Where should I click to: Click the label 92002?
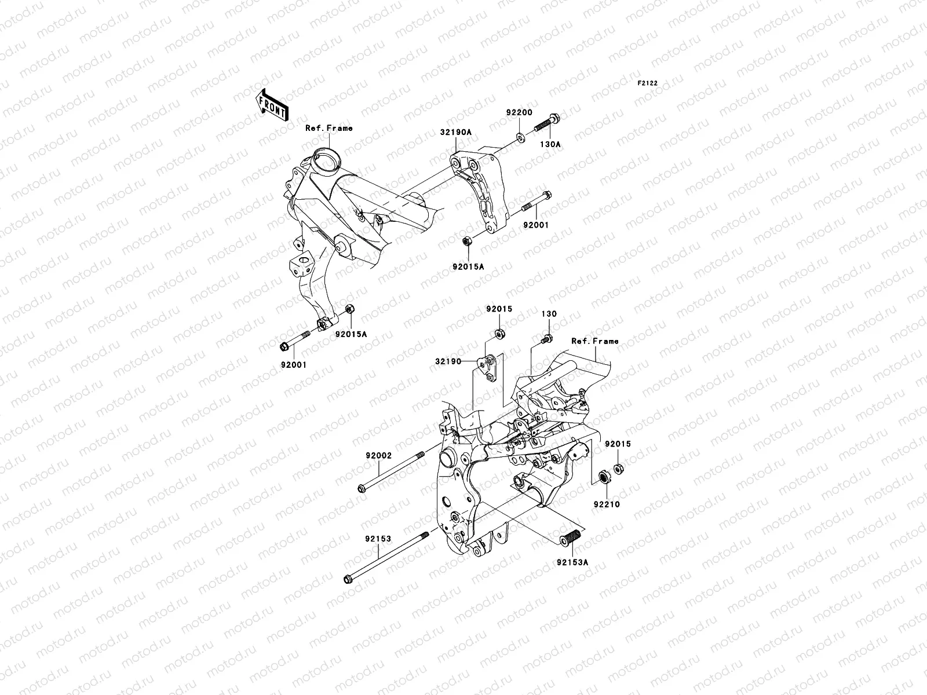378,456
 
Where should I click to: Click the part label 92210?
606,504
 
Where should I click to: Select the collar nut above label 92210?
603,478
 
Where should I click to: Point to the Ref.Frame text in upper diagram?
329,128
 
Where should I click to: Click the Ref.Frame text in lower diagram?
594,341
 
